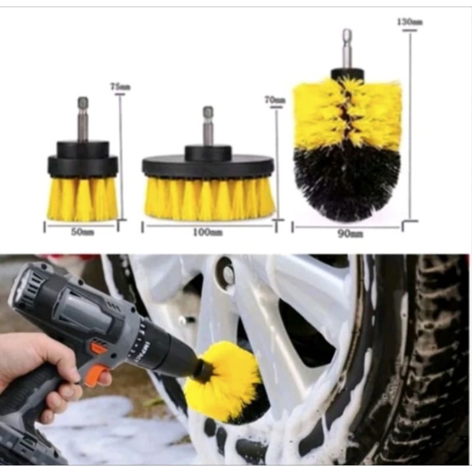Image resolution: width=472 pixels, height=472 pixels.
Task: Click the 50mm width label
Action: [x=83, y=232]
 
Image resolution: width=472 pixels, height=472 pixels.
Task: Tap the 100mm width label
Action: [x=208, y=232]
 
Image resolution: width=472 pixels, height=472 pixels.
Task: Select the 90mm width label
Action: [x=351, y=234]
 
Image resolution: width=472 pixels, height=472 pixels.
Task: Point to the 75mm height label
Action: [x=120, y=87]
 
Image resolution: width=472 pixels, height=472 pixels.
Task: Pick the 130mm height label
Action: [x=409, y=22]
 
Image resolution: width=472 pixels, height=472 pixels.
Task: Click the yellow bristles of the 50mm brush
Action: [x=83, y=199]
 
